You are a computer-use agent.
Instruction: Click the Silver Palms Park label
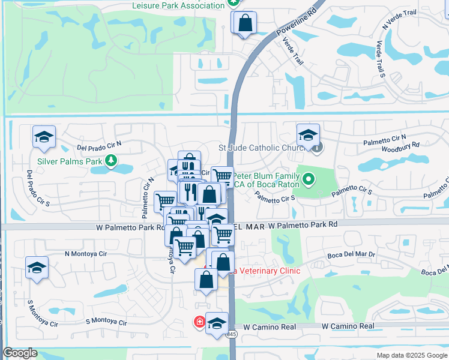70,161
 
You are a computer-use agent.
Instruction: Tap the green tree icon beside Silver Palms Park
110,160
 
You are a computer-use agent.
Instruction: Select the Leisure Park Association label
178,5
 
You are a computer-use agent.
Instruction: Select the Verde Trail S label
380,59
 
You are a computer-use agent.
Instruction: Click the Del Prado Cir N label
99,145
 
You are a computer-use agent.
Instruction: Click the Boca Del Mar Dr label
352,255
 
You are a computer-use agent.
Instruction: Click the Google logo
20,353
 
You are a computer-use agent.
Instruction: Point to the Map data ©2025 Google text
412,355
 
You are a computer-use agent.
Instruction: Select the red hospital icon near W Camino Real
199,322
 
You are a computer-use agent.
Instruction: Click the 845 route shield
232,334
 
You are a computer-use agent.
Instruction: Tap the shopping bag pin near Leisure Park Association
245,24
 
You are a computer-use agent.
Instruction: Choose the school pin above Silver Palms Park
44,138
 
